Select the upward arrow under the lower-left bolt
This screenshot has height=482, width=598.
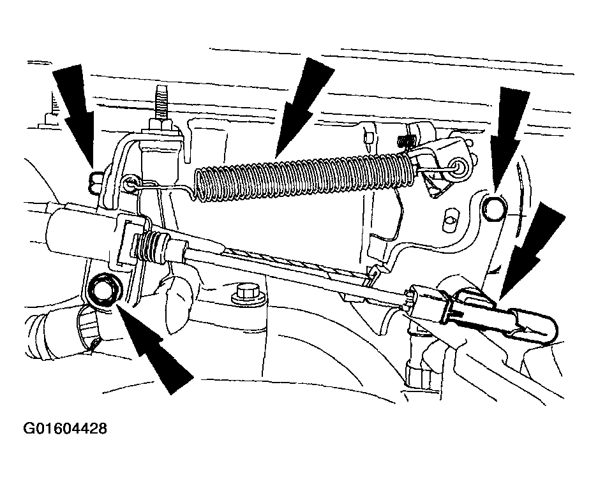tap(153, 346)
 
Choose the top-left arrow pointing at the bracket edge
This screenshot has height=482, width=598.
tap(75, 116)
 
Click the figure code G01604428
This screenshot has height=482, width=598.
tap(65, 428)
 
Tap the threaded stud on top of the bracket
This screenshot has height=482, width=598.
tap(160, 102)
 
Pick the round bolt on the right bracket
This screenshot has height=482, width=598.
tap(495, 208)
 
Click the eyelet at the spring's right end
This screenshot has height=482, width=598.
tap(457, 167)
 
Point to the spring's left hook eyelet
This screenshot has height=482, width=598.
tap(131, 182)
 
